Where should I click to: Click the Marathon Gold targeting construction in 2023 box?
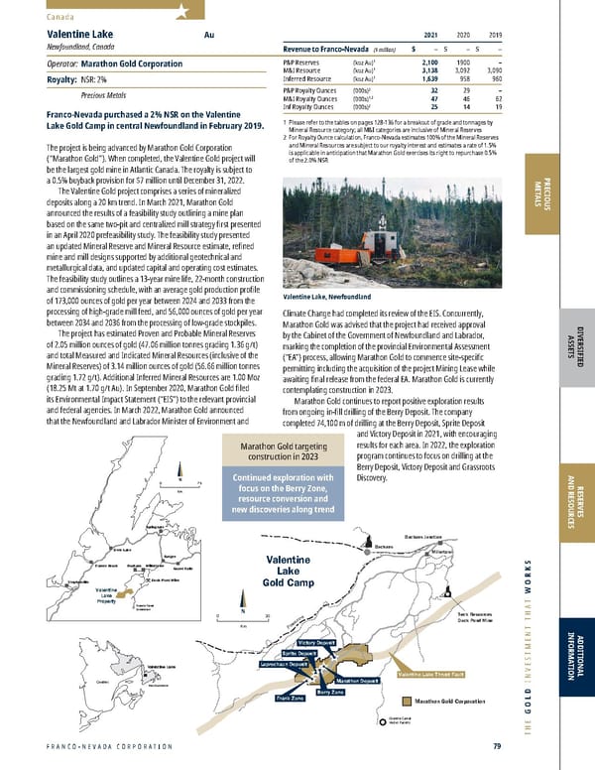click(280, 452)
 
